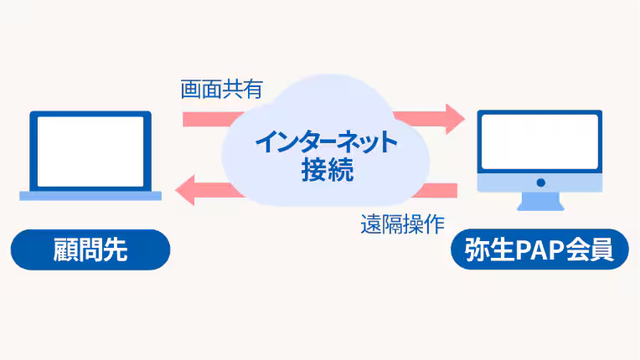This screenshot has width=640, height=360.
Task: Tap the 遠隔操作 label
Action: (403, 224)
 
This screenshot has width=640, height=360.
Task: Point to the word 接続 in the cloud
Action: (327, 171)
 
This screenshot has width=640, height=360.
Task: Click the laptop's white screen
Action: (90, 152)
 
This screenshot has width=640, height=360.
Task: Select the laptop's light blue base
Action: (90, 195)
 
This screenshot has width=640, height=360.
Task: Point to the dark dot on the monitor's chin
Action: (540, 183)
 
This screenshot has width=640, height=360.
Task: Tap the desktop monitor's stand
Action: (540, 202)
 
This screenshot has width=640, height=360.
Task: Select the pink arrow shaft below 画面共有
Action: (205, 119)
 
